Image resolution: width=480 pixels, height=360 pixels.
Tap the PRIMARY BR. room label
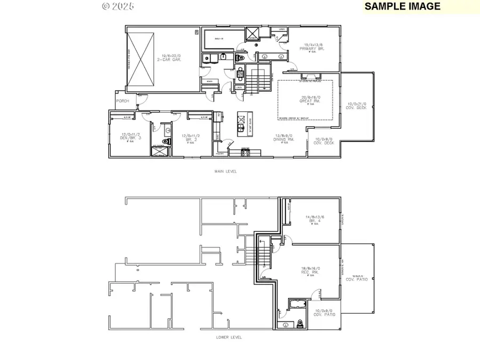314,46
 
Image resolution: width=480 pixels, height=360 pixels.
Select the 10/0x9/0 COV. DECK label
324,141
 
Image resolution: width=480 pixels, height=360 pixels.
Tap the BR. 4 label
315,219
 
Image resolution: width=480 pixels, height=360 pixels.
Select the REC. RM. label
309,271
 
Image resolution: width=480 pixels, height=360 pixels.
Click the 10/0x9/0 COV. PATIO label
324,313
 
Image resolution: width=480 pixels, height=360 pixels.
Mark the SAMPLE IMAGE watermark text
403,6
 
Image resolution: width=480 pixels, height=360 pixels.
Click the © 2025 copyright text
118,6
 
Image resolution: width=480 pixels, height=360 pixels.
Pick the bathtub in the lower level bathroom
295,304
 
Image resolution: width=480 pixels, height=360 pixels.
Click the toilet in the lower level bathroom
300,323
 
